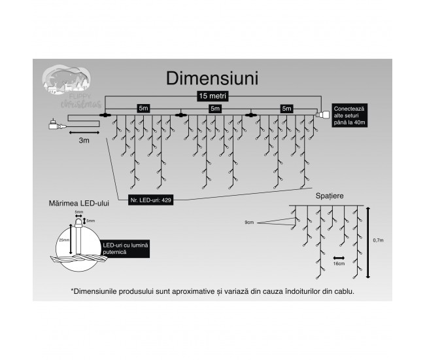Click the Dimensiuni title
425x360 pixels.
(212, 78)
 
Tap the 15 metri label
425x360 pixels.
(212, 96)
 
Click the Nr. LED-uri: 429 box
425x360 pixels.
(150, 199)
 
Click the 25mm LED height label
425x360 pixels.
(64, 240)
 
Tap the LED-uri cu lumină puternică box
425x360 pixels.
(126, 247)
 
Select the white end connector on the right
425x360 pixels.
(322, 115)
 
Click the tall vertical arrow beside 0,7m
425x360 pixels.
(369, 241)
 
